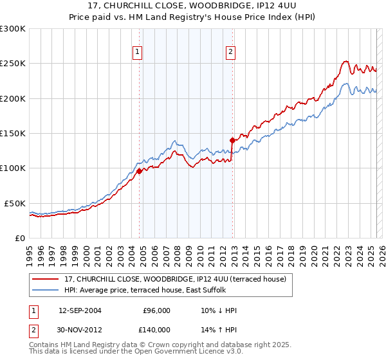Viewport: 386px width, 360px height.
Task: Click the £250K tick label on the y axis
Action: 13,64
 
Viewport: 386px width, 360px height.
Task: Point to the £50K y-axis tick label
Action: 15,203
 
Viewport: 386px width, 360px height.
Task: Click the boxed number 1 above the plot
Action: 138,53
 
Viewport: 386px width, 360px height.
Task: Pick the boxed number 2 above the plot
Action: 230,53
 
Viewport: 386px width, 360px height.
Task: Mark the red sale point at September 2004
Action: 139,171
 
